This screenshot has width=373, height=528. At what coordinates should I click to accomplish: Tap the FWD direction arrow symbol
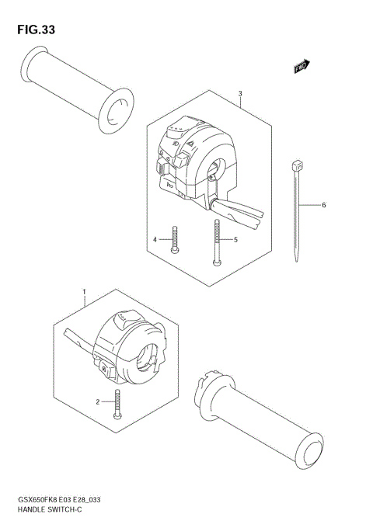pyautogui.click(x=302, y=68)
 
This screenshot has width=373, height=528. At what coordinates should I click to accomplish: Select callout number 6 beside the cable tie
pyautogui.click(x=323, y=205)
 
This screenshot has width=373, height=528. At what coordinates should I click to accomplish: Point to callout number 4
pyautogui.click(x=155, y=239)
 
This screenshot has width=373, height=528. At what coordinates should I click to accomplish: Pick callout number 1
pyautogui.click(x=84, y=294)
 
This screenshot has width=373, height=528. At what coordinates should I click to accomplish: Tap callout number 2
pyautogui.click(x=98, y=401)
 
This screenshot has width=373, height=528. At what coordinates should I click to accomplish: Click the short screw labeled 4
pyautogui.click(x=177, y=239)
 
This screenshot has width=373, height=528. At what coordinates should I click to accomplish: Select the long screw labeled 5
pyautogui.click(x=216, y=242)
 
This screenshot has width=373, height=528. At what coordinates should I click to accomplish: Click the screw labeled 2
pyautogui.click(x=117, y=404)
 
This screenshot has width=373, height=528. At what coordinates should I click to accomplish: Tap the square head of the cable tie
pyautogui.click(x=296, y=166)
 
